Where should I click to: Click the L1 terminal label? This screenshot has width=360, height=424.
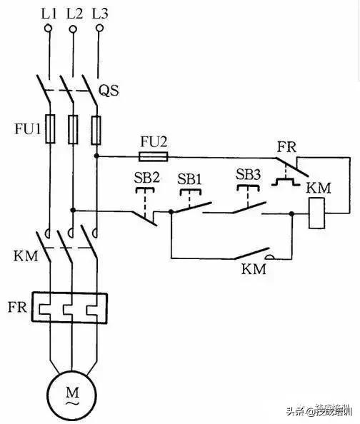pyautogui.click(x=49, y=12)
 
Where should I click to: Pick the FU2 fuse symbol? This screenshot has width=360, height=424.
pyautogui.click(x=154, y=155)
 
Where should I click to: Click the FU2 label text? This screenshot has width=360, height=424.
pyautogui.click(x=154, y=141)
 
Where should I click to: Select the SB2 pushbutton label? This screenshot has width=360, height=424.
pyautogui.click(x=146, y=177)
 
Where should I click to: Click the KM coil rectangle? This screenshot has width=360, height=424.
pyautogui.click(x=316, y=213)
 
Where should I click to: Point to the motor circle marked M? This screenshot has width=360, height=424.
pyautogui.click(x=72, y=395)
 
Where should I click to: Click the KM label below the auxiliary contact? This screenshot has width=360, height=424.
pyautogui.click(x=253, y=270)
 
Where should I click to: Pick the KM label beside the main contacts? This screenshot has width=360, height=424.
pyautogui.click(x=21, y=255)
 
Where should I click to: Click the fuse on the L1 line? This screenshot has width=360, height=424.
pyautogui.click(x=49, y=130)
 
